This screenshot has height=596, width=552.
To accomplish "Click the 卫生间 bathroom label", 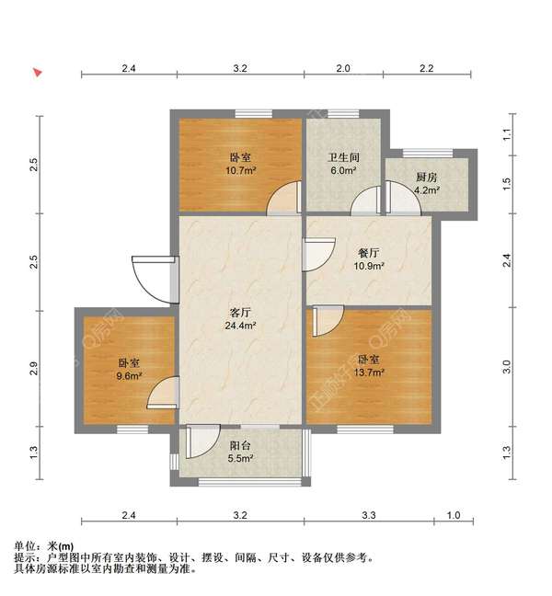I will click(x=343, y=157).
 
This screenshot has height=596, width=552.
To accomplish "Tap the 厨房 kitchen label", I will click(x=426, y=178).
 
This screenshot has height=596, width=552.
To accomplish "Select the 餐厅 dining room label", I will click(x=370, y=253).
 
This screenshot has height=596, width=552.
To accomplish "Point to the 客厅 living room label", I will click(x=241, y=313).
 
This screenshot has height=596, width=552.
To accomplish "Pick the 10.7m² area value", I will click(x=241, y=170).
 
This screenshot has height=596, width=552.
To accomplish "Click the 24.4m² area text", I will click(x=241, y=326).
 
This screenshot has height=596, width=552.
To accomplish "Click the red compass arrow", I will click(x=38, y=72).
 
